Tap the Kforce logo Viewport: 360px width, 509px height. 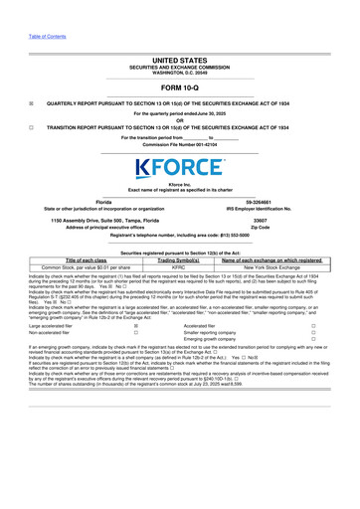(x=180, y=167)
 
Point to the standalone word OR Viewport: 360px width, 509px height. (x=179, y=121)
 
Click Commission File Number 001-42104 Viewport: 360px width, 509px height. (x=179, y=144)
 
